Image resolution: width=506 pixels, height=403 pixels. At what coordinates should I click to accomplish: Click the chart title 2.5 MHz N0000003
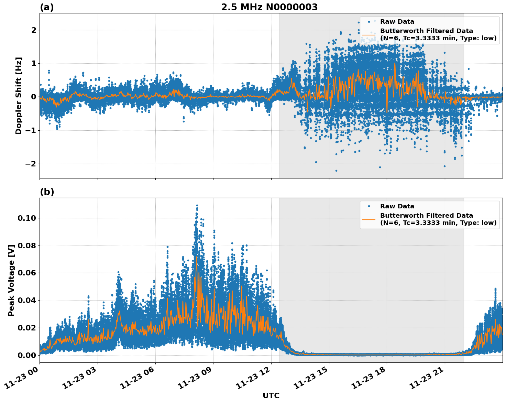coord(269,7)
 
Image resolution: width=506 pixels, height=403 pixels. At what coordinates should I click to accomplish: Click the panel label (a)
coord(47,7)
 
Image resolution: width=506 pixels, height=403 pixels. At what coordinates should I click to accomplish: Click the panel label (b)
coord(47,192)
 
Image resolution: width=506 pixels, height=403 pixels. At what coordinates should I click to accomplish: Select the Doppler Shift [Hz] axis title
coord(19,96)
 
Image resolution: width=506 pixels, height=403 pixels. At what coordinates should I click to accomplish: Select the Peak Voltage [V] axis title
coord(11,280)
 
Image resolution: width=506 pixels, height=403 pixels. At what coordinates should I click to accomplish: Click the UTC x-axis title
coord(271,395)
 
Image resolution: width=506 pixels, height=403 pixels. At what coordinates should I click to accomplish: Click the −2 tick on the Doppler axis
coord(31,164)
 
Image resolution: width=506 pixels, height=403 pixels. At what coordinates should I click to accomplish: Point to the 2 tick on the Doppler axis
coord(34,30)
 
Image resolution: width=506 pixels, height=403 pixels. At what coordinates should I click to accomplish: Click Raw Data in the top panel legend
coord(397,22)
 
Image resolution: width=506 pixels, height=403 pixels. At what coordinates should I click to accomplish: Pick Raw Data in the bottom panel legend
coord(397,206)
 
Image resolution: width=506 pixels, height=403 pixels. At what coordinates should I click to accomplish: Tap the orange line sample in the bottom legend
coord(368,219)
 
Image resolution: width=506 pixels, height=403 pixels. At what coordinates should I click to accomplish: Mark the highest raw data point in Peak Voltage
coord(197,205)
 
